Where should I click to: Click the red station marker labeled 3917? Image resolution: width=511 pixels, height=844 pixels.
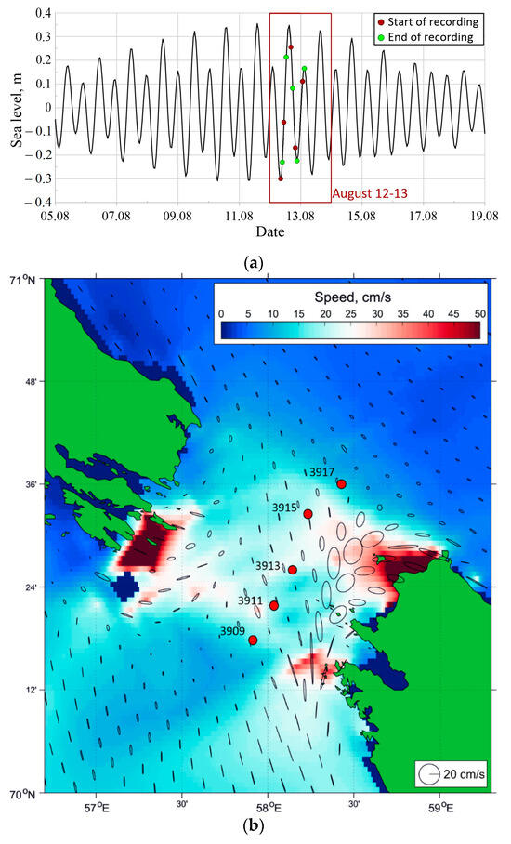click(x=342, y=484)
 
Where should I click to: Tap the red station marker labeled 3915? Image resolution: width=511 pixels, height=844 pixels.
click(x=308, y=514)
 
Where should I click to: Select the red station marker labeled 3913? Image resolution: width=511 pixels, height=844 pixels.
click(x=293, y=570)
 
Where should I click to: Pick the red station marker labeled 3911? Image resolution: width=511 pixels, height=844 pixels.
click(x=274, y=606)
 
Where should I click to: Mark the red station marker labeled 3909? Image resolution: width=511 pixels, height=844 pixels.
click(x=253, y=640)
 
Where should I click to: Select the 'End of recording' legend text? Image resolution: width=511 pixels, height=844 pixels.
click(x=432, y=37)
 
